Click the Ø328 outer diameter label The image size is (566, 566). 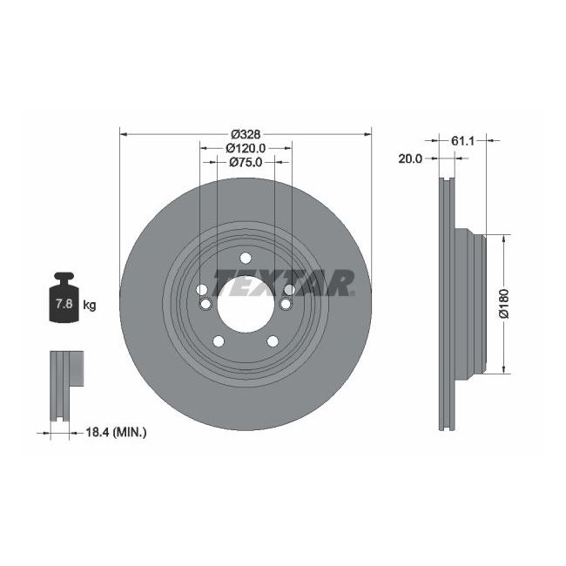coord(246,134)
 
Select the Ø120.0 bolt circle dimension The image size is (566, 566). coord(246,148)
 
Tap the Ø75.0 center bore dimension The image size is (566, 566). coord(246,163)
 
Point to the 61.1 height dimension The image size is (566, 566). coord(462,138)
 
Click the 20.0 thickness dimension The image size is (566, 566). coord(410,158)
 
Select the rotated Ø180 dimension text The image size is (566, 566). coord(503,304)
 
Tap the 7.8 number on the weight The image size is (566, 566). coord(64,305)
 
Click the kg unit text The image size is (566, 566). coord(88,305)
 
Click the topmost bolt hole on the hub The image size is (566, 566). coord(245,257)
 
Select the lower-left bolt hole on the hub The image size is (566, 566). coord(219,340)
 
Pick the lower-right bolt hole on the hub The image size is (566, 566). coord(271,340)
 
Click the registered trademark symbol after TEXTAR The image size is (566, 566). coord(353,293)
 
